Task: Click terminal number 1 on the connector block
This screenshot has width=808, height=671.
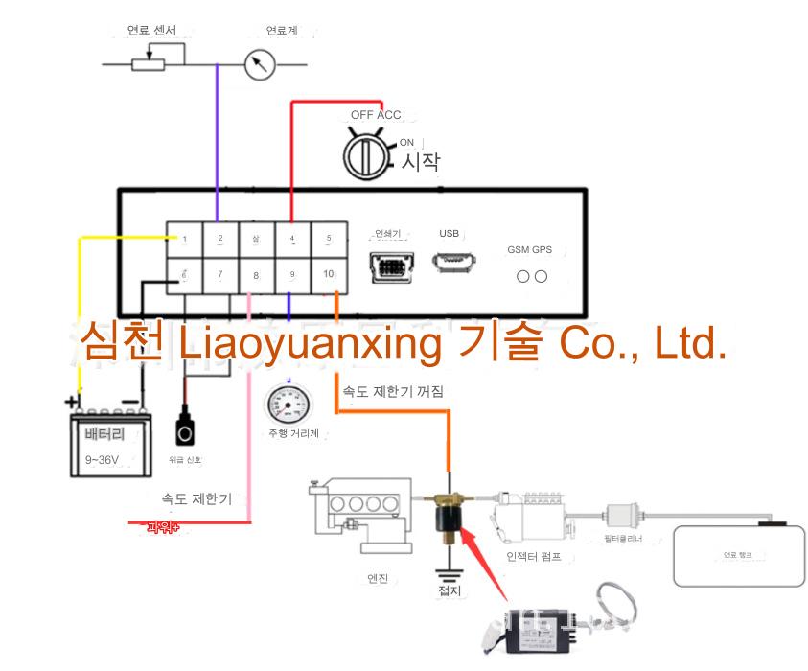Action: point(185,239)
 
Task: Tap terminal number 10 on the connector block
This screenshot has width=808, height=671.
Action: point(329,274)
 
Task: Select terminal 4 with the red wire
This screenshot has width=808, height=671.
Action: point(292,239)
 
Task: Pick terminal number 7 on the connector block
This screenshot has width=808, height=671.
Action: point(220,274)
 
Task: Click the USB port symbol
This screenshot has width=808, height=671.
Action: point(450,262)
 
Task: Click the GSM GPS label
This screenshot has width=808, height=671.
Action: point(530,249)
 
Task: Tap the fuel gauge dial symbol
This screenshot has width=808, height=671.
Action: point(258,65)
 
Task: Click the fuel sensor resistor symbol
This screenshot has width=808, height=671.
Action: point(149,64)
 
